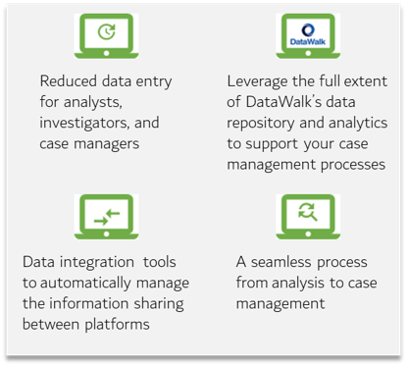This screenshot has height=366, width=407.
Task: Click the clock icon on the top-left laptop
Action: (x=107, y=31)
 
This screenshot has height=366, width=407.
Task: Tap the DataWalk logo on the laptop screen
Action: (x=308, y=34)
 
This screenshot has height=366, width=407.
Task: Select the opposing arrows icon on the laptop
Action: (x=107, y=217)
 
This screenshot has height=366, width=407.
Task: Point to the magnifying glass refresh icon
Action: (x=308, y=212)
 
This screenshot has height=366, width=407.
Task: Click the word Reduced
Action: (x=69, y=81)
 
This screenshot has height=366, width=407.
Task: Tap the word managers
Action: (x=107, y=144)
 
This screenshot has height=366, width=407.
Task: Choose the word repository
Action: (x=261, y=124)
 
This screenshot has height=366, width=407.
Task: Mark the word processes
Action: (x=353, y=165)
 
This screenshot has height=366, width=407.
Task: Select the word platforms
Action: (x=117, y=325)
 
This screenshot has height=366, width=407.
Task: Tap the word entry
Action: (x=154, y=82)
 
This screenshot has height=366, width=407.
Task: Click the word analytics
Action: (x=358, y=124)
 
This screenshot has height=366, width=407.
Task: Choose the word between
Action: (x=51, y=325)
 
